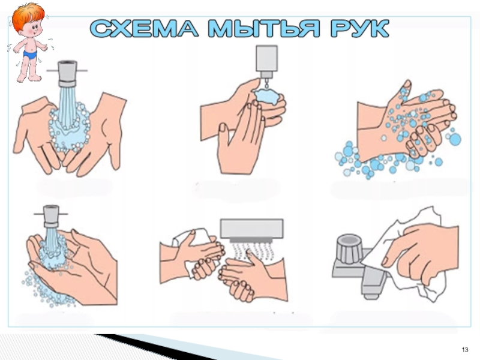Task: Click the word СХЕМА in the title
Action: point(144,28)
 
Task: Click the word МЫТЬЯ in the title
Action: point(265,28)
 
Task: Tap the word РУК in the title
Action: point(359,28)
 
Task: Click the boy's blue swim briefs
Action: point(31,55)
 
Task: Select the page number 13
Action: point(464,350)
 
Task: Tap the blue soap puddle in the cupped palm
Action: point(266,96)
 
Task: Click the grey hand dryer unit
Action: point(251,229)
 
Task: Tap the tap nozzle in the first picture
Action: point(67,73)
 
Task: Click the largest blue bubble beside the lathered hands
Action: point(455,139)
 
